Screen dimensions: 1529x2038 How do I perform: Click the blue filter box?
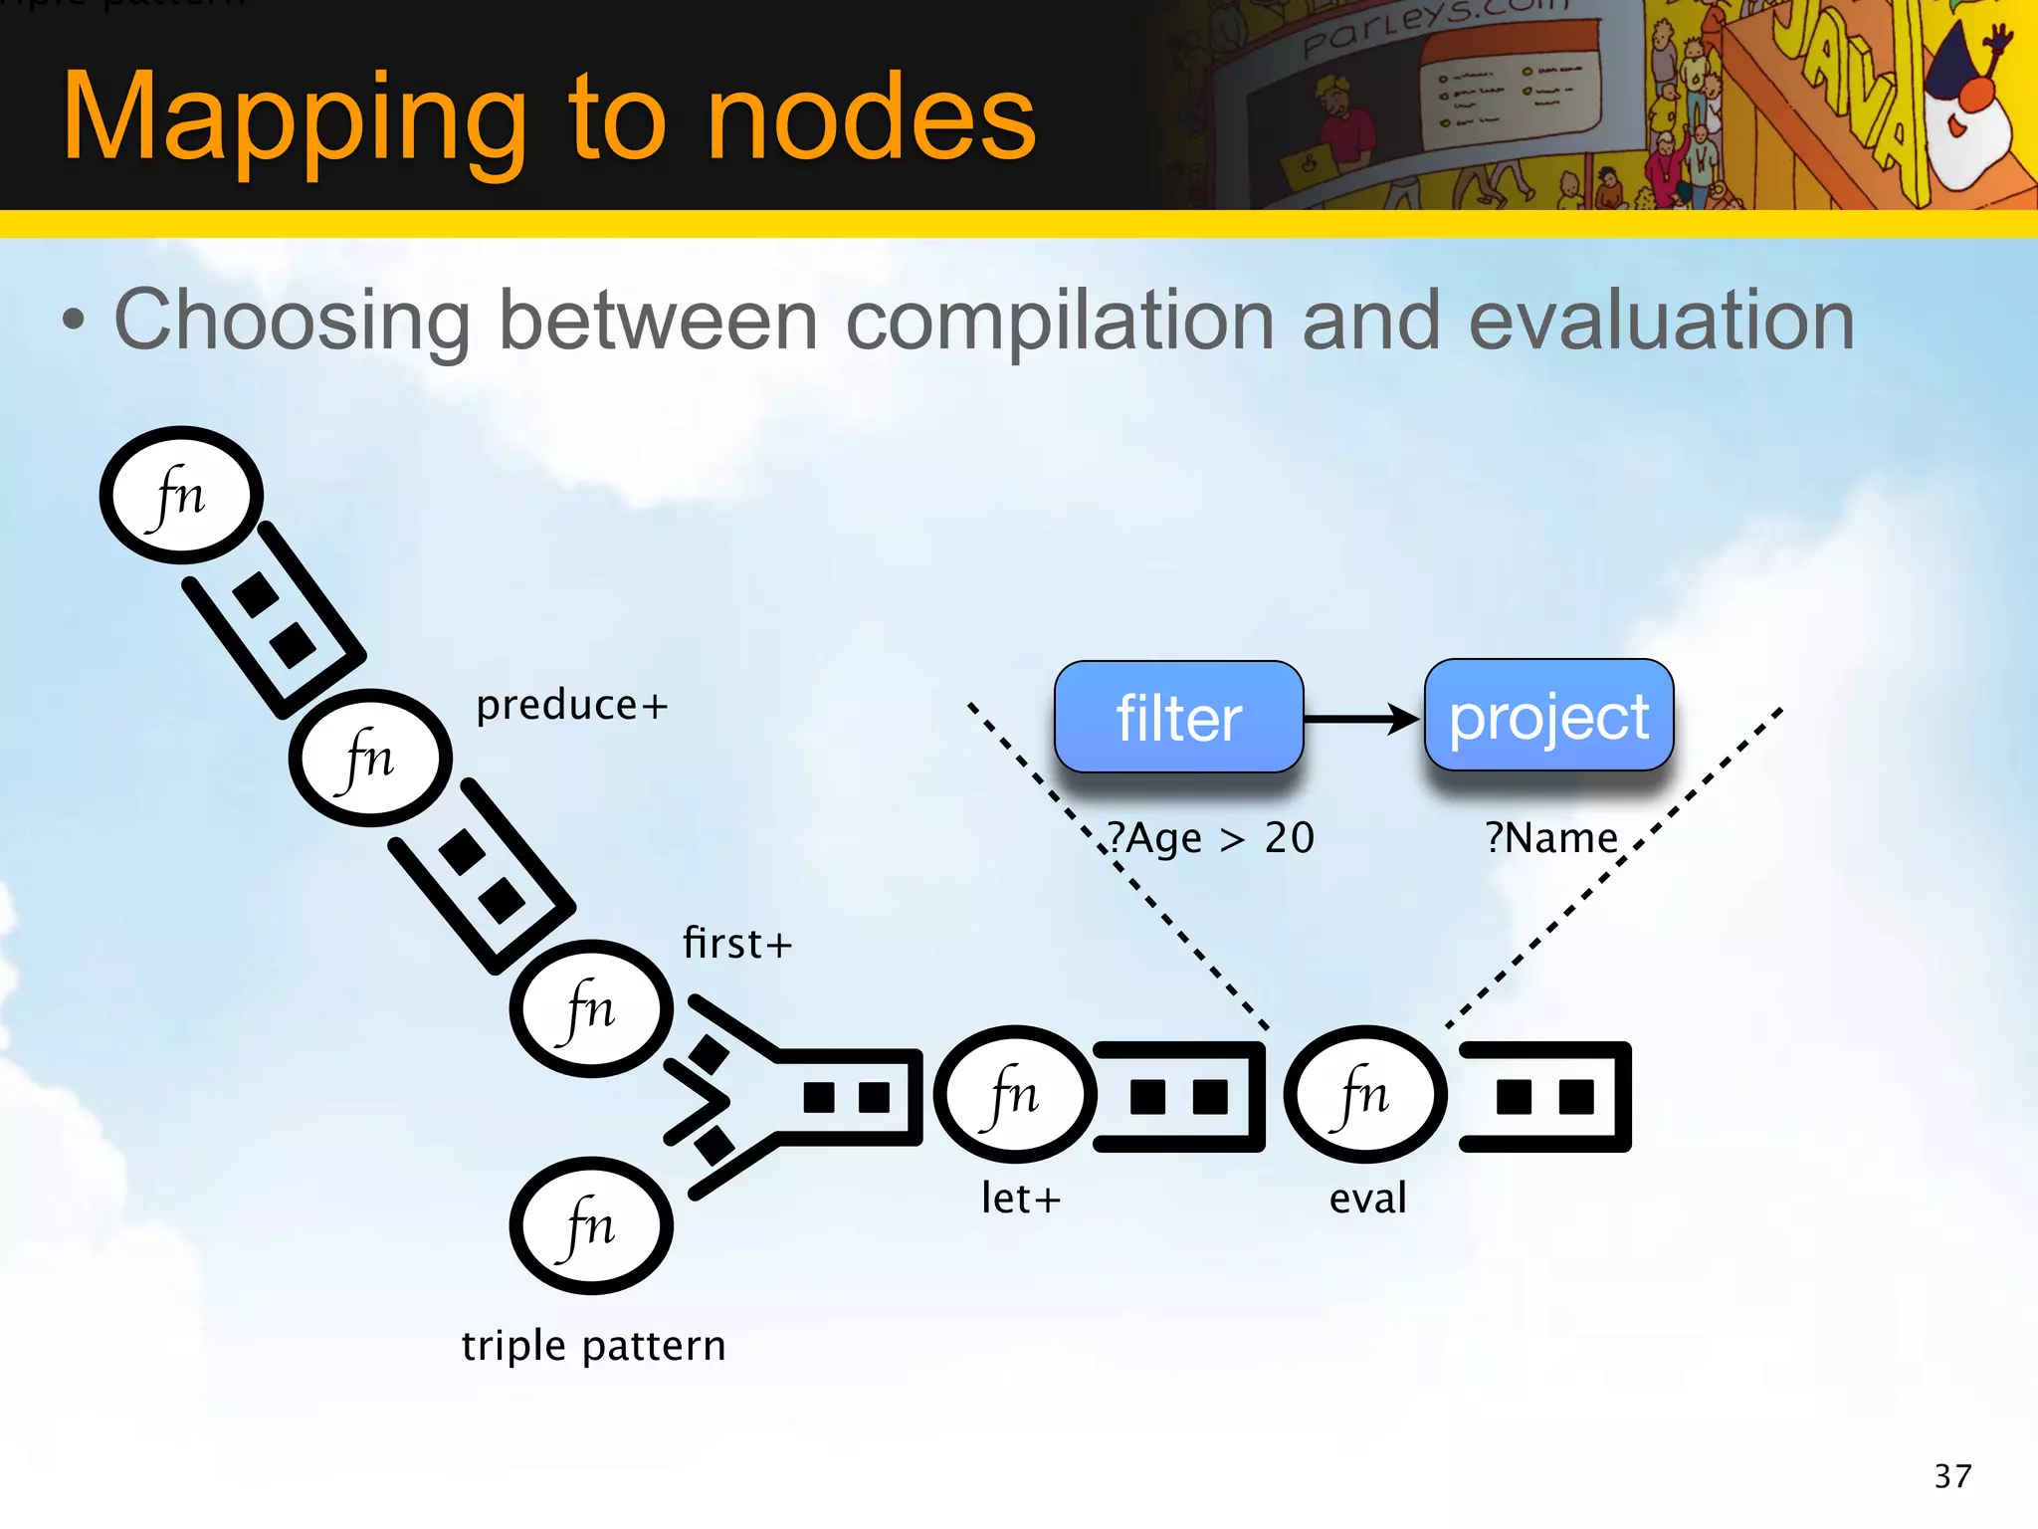(1178, 717)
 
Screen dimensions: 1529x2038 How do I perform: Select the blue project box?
(1548, 716)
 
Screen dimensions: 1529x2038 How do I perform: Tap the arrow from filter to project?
(1362, 718)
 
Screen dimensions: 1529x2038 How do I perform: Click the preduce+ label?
(571, 706)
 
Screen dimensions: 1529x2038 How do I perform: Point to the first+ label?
(737, 944)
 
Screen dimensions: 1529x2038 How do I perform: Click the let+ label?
(1021, 1198)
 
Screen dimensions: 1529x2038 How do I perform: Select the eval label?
(1368, 1198)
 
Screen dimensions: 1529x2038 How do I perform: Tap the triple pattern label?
(593, 1346)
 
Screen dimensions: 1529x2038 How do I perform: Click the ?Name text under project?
(1551, 838)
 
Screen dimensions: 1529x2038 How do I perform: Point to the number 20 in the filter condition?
(1290, 838)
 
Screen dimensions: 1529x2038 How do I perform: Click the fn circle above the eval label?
(1364, 1094)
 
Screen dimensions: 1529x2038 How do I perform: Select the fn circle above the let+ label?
(1015, 1094)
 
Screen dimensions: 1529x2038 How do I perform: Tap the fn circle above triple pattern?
(591, 1225)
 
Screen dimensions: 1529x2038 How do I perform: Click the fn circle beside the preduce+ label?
(370, 758)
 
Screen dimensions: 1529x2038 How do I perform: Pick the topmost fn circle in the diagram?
(181, 495)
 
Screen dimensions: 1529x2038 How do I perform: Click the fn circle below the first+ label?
(591, 1008)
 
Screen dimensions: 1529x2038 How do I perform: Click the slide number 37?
(1952, 1476)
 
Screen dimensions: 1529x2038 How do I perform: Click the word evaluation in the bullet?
(1662, 321)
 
